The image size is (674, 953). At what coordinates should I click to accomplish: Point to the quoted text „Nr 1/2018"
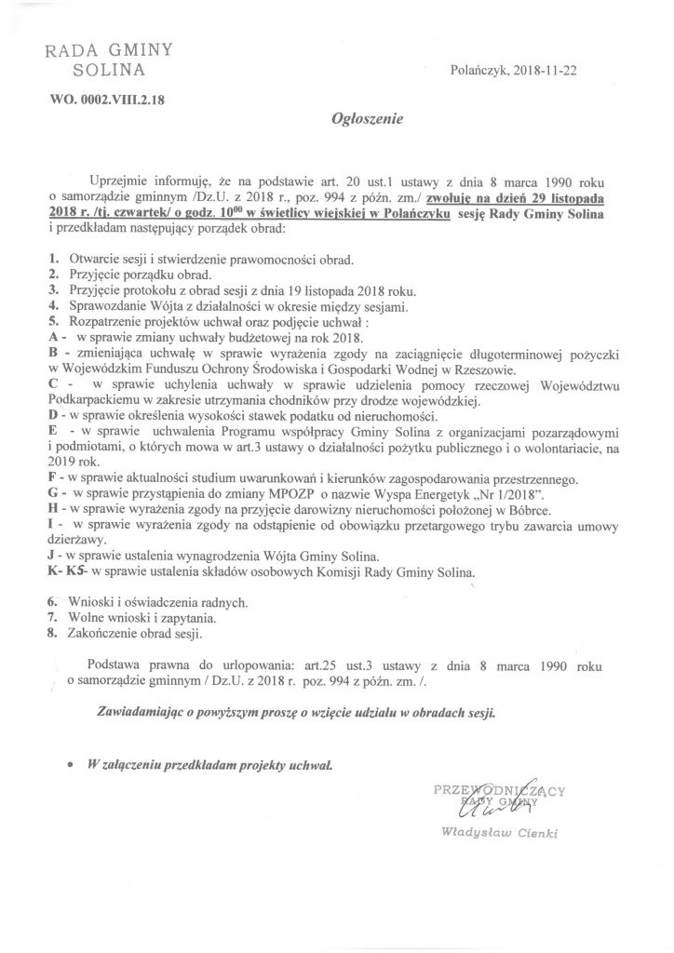point(514,491)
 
